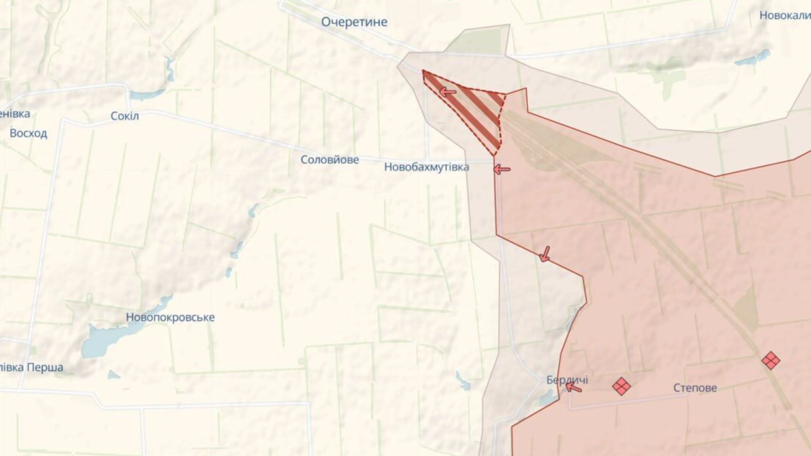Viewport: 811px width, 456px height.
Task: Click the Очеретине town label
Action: [x=354, y=22]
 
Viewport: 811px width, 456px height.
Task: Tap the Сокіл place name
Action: [x=125, y=116]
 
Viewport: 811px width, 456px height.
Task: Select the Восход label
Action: [x=28, y=133]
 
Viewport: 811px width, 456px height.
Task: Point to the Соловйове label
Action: [x=330, y=160]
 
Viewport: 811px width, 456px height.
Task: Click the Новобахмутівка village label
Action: [x=426, y=167]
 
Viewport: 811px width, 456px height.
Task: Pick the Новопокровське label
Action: [x=170, y=317]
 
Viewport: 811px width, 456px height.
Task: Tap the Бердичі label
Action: [x=567, y=380]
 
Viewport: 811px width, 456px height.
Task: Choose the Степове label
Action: [x=695, y=388]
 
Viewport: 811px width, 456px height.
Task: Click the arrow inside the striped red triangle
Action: [x=447, y=92]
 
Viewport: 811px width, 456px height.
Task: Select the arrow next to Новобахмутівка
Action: [x=502, y=169]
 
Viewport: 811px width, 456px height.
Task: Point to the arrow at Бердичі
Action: [x=573, y=388]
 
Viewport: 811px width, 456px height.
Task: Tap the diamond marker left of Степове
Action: [x=621, y=386]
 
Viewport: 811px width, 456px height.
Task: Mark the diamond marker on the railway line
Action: [x=770, y=360]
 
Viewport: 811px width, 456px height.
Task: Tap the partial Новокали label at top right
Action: [x=785, y=16]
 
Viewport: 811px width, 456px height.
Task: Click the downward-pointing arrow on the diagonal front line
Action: [x=545, y=254]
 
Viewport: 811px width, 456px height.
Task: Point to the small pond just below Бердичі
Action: [x=547, y=400]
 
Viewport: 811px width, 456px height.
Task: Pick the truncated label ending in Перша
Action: [x=31, y=368]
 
